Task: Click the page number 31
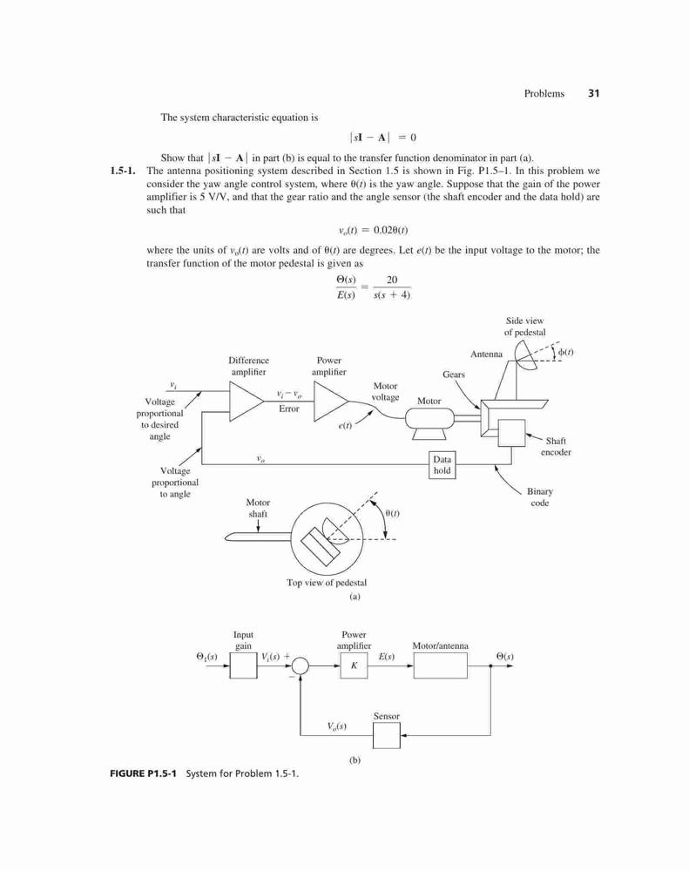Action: click(593, 93)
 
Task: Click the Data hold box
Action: click(442, 465)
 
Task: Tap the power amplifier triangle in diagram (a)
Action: click(331, 402)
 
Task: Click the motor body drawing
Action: click(429, 421)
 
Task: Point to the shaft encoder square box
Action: click(512, 433)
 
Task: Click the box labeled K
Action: click(354, 665)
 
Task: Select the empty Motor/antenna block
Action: click(440, 665)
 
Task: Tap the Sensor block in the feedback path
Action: click(386, 735)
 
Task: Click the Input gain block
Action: click(243, 665)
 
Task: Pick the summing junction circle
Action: click(300, 665)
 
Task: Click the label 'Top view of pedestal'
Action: click(327, 583)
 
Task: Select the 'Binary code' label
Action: click(539, 497)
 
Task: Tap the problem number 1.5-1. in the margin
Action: click(124, 171)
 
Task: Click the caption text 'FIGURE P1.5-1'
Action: click(144, 773)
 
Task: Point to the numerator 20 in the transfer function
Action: click(392, 280)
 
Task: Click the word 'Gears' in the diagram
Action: click(454, 375)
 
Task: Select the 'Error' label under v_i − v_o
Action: click(289, 408)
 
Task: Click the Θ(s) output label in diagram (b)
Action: click(504, 656)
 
